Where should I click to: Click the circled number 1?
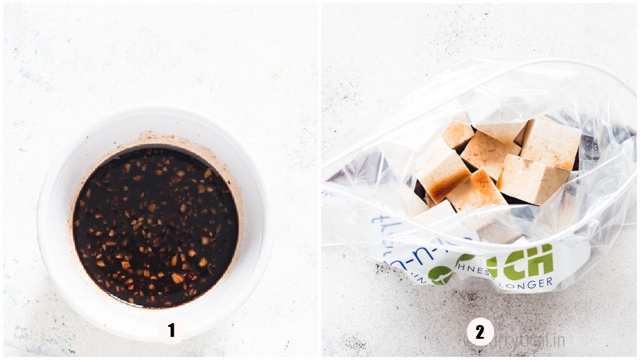point(171,331)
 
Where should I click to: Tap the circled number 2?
point(480,332)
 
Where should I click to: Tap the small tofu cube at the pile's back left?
point(457,134)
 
